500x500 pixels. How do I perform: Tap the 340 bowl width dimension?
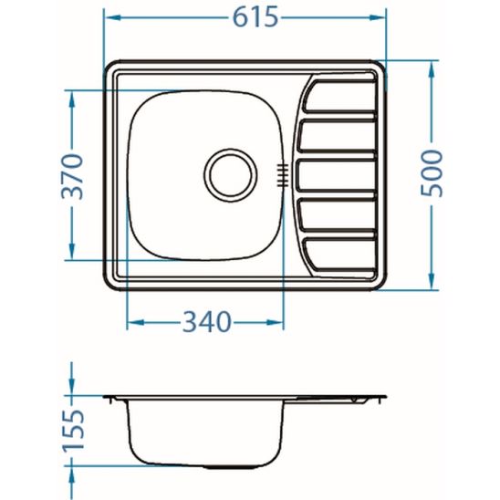point(205,322)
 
